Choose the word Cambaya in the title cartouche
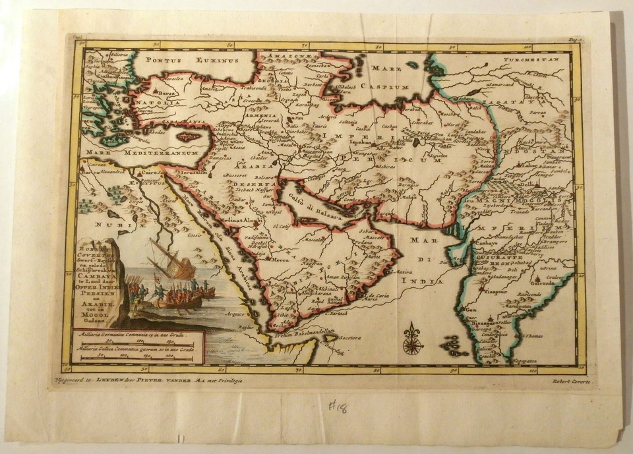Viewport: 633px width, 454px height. click(92, 280)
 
